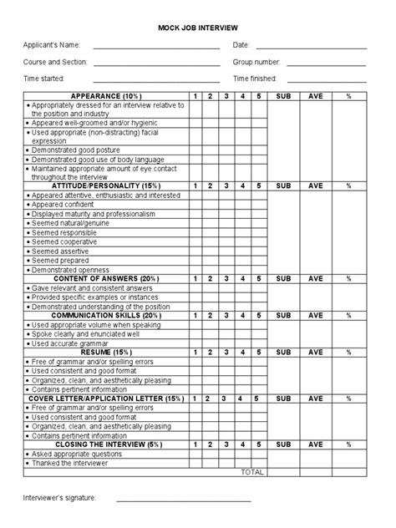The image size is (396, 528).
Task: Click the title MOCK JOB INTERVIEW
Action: pos(197,28)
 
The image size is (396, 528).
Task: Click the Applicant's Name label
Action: pos(51,45)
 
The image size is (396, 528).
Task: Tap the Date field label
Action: pos(241,45)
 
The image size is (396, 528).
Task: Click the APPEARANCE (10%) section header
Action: pos(106,96)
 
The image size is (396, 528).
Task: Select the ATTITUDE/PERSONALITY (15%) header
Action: pos(106,185)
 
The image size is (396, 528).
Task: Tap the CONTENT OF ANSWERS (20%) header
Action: pos(106,278)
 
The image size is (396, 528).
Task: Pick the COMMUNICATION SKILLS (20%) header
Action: pos(106,316)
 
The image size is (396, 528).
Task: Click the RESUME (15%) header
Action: pos(106,353)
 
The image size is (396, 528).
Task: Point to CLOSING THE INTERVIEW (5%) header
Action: pos(106,444)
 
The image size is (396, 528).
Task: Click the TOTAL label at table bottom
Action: pos(251,472)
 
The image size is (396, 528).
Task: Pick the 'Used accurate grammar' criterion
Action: pos(65,343)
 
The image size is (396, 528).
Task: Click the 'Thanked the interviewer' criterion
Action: pos(68,463)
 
